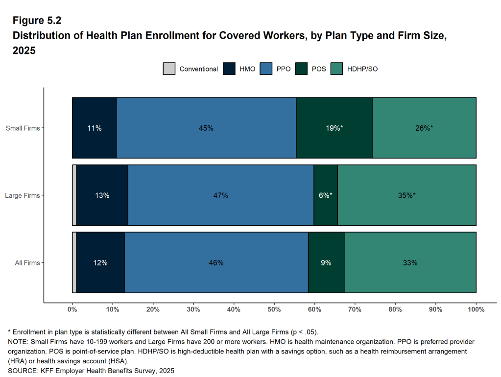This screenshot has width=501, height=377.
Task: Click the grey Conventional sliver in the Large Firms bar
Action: [x=74, y=195]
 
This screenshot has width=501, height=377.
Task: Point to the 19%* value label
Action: [x=334, y=128]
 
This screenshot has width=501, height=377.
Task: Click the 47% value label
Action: [x=220, y=195]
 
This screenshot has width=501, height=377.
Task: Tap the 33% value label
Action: [x=410, y=263]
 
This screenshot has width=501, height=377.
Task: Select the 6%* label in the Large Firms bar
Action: [x=325, y=195]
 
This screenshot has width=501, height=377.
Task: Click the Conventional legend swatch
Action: [x=169, y=69]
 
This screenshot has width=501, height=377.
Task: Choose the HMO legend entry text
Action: [x=247, y=69]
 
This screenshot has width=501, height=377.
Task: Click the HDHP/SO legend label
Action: [x=362, y=69]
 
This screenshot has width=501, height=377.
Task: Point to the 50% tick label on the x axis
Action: [x=274, y=309]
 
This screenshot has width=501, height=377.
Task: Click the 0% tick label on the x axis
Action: [x=72, y=309]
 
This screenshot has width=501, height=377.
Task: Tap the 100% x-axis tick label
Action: [x=476, y=309]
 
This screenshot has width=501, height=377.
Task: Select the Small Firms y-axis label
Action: [x=23, y=128]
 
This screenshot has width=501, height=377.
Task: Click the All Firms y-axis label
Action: [x=27, y=263]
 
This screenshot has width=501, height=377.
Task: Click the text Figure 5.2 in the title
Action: [x=37, y=21]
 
